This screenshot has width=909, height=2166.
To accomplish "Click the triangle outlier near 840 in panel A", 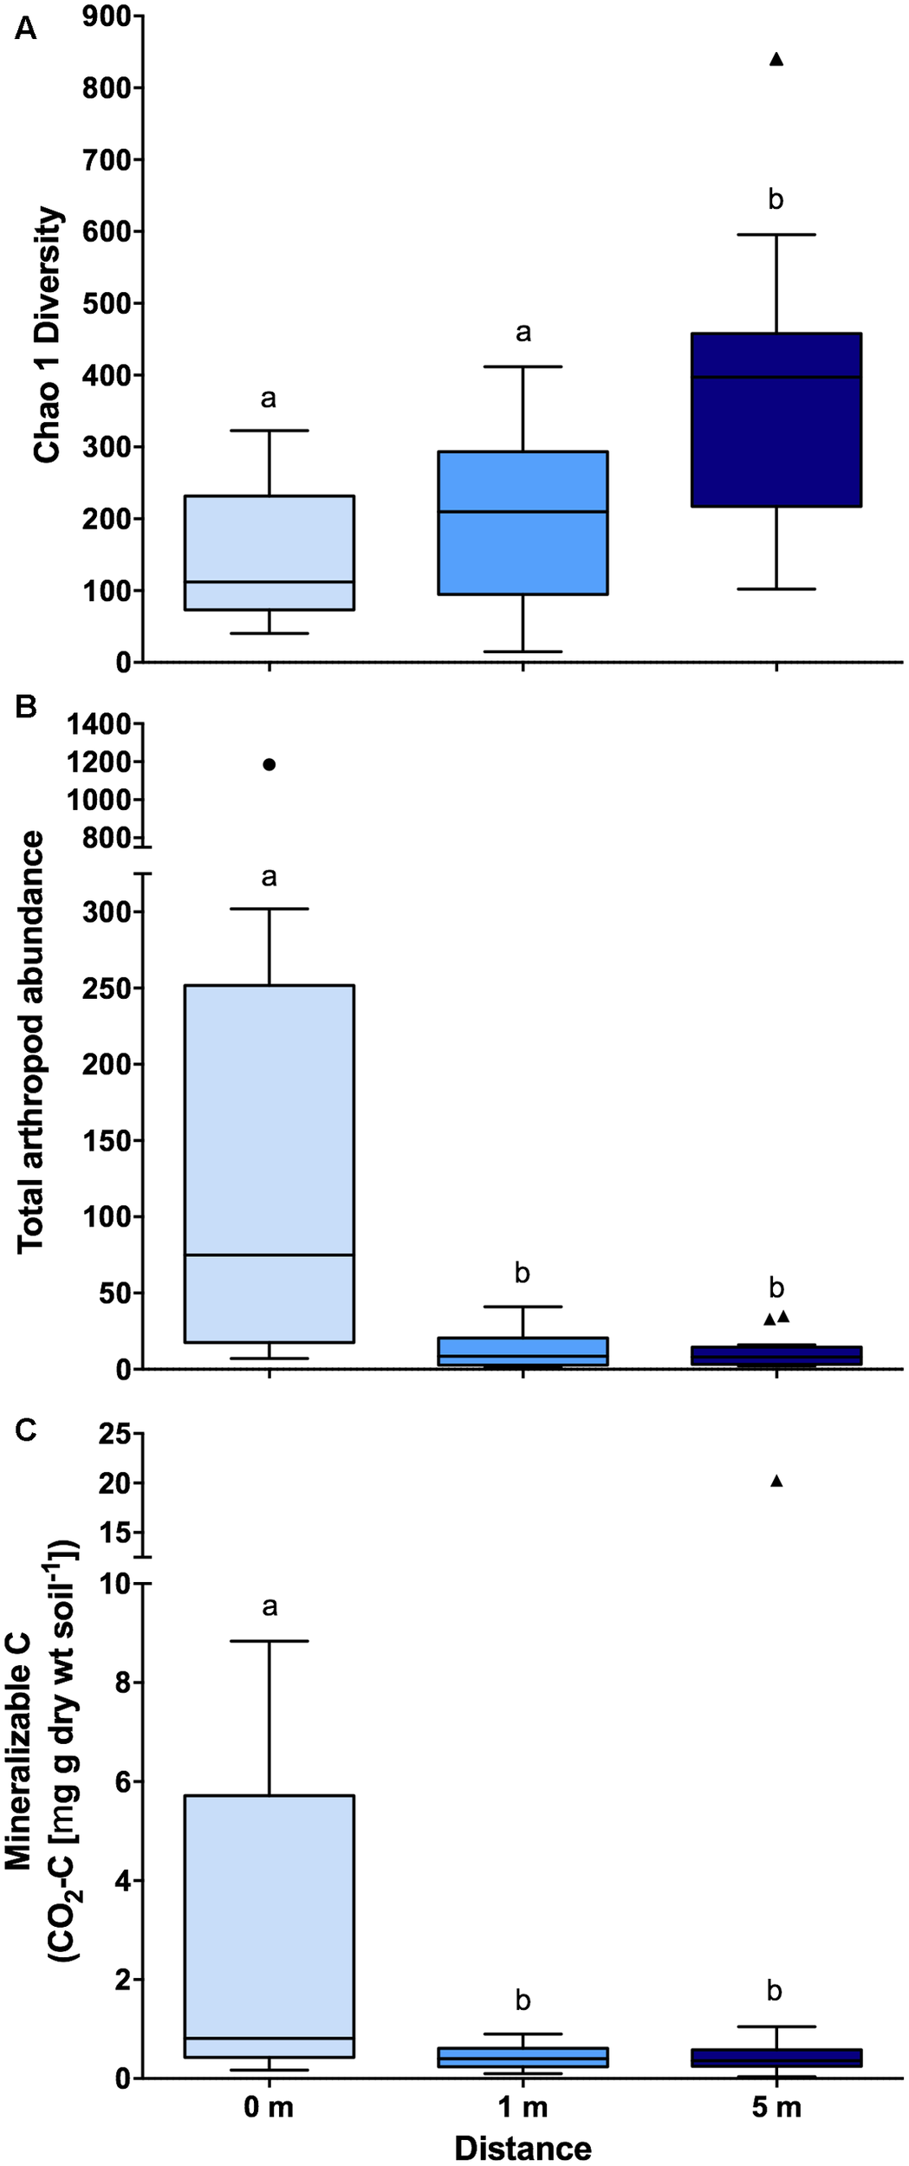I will click(776, 60).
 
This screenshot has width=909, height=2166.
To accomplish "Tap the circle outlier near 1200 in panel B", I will click(269, 764).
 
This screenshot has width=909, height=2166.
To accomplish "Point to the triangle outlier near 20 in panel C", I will click(776, 1482).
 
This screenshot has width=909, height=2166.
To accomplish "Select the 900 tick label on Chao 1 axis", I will click(107, 16).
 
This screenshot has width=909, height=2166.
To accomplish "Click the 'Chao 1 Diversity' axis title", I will click(48, 334).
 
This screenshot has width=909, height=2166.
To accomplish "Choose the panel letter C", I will click(26, 1430).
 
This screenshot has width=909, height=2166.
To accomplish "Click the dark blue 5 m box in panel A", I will click(776, 419).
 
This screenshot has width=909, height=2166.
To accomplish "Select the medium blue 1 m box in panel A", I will click(523, 522).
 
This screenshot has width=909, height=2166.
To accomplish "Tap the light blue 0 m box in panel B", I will click(269, 1164).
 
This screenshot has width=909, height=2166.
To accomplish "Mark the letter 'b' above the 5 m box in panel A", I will click(776, 200).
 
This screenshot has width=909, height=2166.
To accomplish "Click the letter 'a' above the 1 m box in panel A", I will click(523, 333).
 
